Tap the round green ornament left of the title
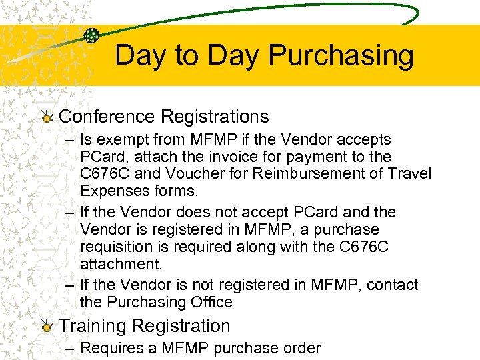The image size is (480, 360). tap(92, 36)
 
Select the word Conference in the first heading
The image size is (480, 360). tap(107, 117)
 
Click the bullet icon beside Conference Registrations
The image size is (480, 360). tap(47, 118)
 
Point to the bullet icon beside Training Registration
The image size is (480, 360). tap(47, 327)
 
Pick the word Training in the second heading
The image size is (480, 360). tap(93, 326)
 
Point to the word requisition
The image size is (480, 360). tap(116, 247)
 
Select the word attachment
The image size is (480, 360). tap(120, 264)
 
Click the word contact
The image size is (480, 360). tap(391, 285)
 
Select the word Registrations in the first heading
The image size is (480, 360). tap(215, 117)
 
